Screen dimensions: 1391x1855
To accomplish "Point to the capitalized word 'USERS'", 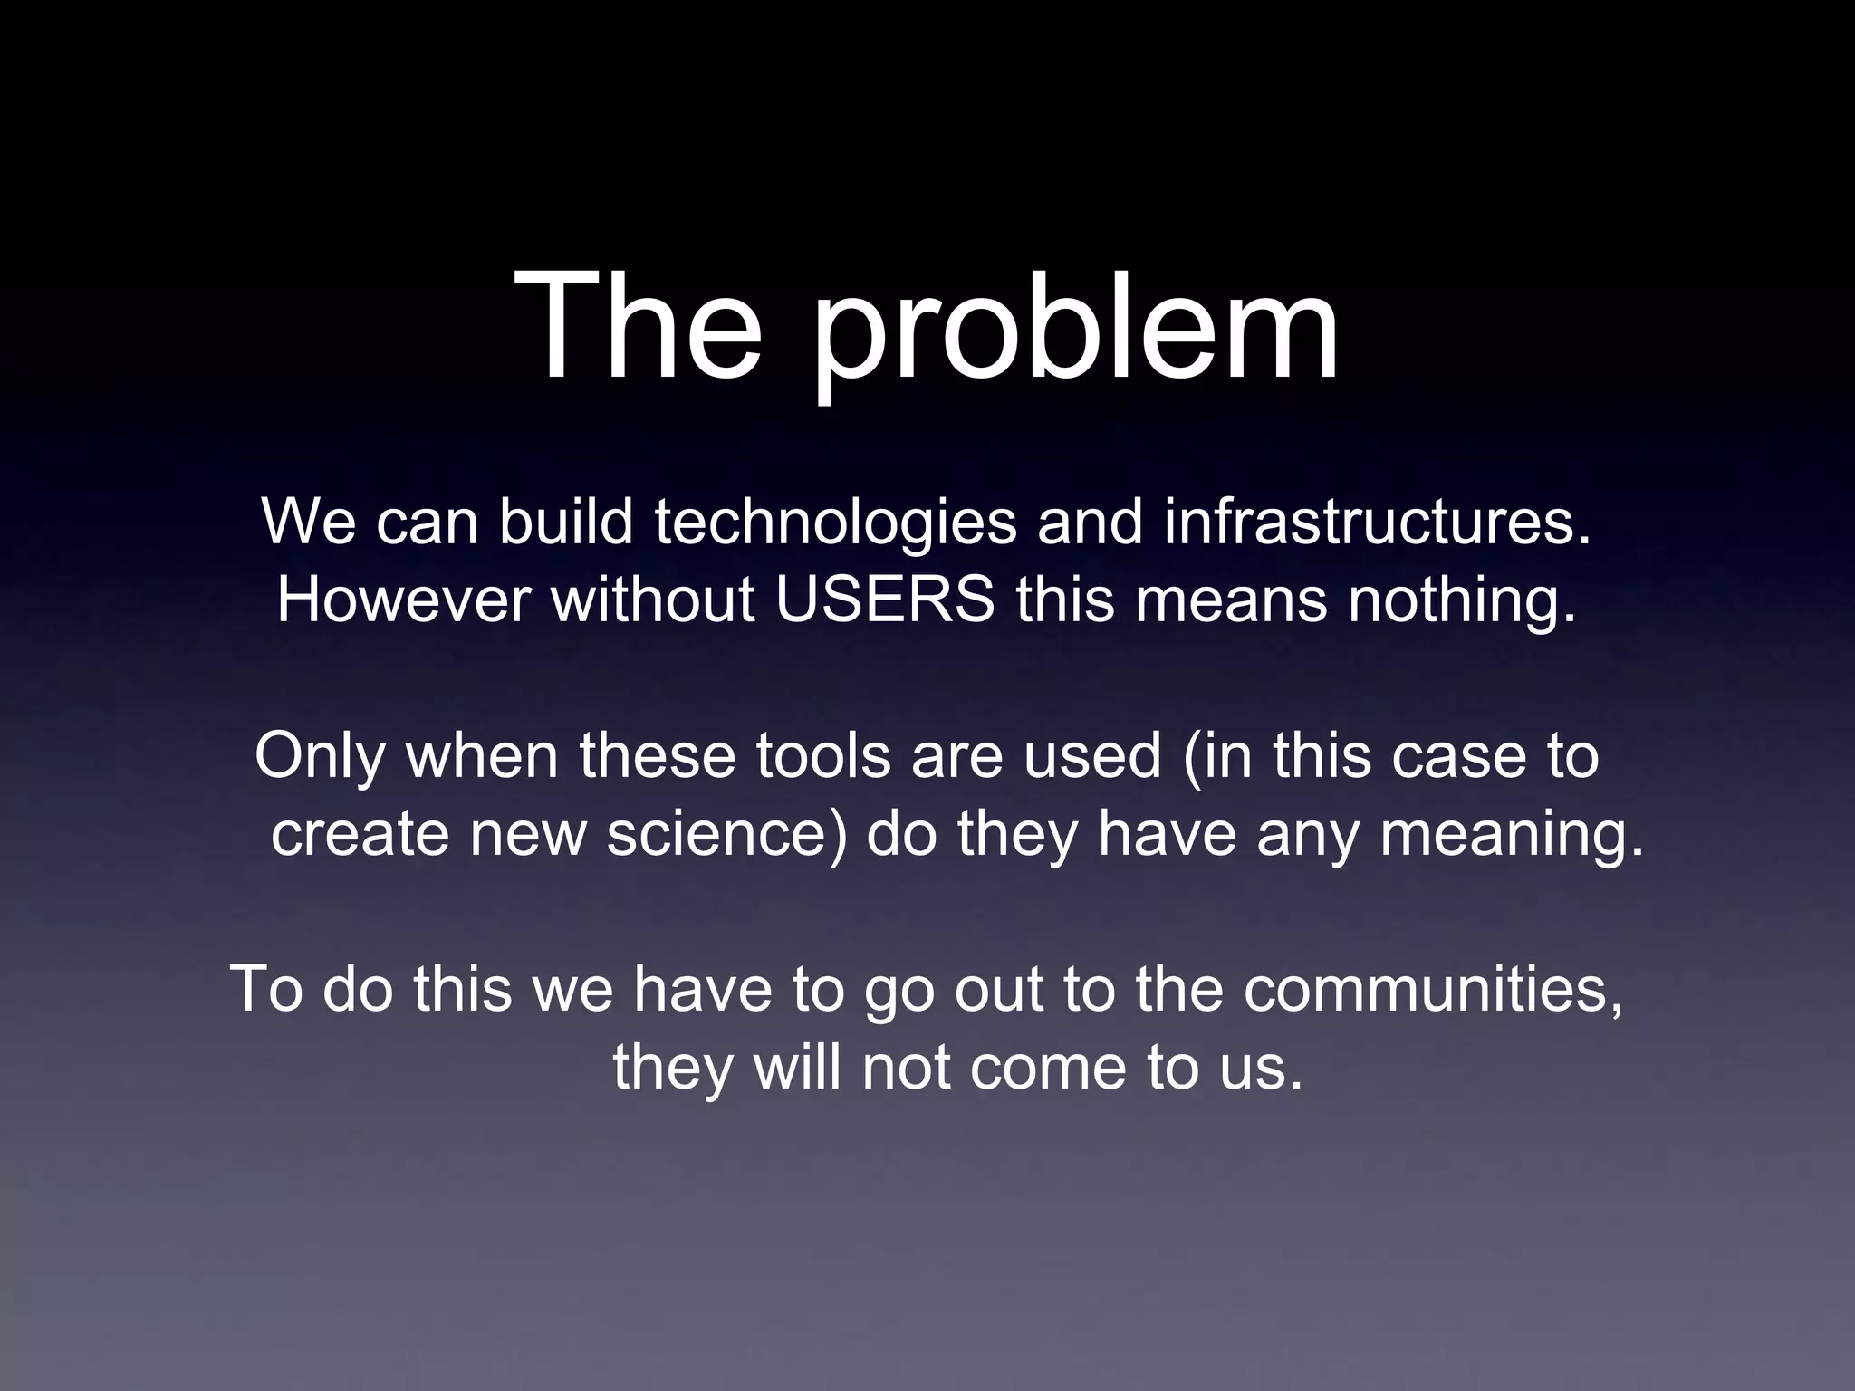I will pos(885,600).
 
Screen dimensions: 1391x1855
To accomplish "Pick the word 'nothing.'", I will pos(1462,601).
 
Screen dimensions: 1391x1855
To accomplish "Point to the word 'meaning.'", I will pos(1511,835).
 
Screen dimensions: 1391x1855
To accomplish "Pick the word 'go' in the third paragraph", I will pos(898,991).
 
